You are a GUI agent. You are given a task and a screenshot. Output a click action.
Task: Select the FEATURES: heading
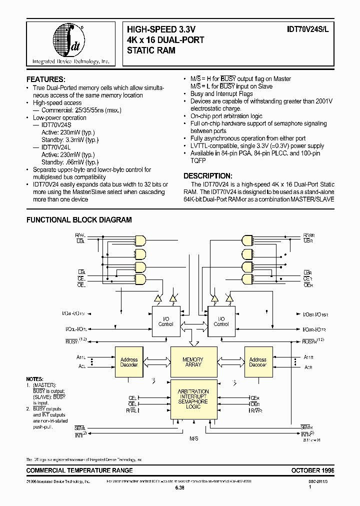tap(45, 79)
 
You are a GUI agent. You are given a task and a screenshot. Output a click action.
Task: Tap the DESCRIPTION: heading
tap(207, 176)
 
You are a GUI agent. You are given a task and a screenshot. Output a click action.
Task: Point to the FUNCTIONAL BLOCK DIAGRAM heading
tap(79, 219)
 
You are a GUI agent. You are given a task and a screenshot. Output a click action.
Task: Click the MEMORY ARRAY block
tap(192, 362)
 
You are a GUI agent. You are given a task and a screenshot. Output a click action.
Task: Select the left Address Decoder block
tap(129, 362)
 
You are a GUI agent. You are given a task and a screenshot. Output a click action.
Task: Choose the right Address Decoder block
tap(258, 362)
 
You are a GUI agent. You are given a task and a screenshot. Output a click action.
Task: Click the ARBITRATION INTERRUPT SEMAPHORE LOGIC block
tap(193, 399)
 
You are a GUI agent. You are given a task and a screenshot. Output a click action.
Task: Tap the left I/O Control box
tap(165, 321)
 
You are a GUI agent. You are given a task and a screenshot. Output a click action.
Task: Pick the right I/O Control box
tap(221, 321)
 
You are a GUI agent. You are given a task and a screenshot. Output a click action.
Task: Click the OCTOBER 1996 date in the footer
tap(312, 470)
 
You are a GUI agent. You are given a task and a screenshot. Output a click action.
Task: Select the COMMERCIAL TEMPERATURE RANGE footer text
tap(79, 470)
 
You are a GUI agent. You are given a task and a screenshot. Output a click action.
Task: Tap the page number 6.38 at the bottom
tap(179, 488)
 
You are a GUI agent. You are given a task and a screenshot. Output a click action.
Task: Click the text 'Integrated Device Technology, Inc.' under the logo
tap(70, 61)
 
